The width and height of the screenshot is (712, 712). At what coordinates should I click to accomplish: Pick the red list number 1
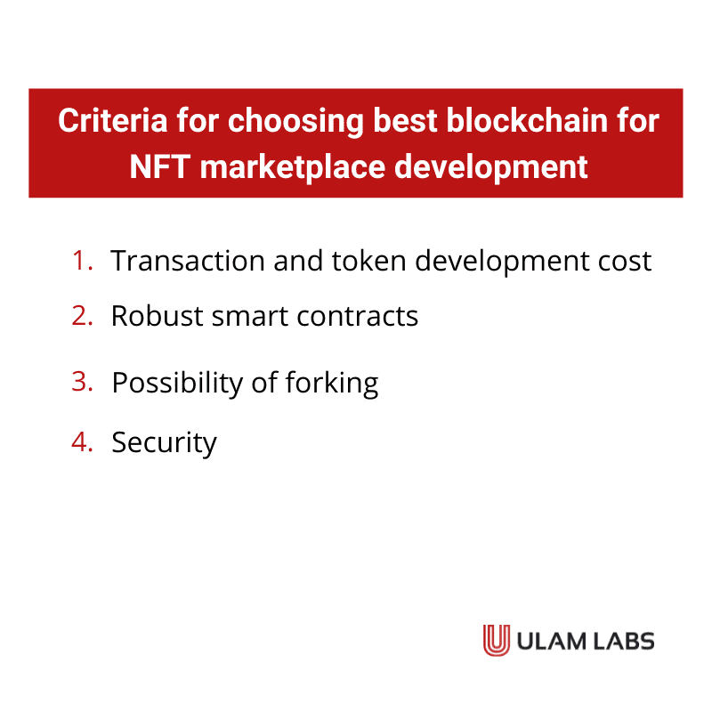(83, 261)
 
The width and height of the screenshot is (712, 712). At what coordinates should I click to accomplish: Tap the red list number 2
(83, 316)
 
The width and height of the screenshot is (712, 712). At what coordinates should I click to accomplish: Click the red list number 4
(83, 442)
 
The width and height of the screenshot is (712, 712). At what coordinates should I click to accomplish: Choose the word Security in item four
(164, 442)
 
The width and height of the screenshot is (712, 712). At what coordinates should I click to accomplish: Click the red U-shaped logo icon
(496, 640)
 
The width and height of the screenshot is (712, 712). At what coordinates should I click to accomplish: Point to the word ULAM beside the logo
(548, 641)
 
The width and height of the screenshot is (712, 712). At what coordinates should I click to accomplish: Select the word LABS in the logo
(622, 641)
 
